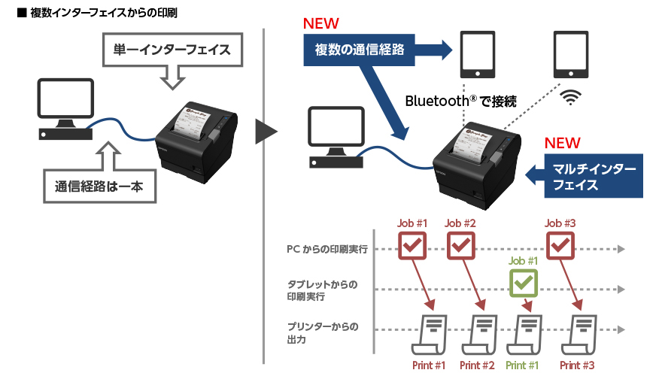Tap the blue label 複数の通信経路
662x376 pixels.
coord(360,50)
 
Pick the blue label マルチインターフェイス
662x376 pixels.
coord(594,177)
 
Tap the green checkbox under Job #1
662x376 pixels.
coord(524,283)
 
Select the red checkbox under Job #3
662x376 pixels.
coord(560,244)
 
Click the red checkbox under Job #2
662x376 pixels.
coord(461,244)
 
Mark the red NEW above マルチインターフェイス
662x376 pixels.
coord(562,143)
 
